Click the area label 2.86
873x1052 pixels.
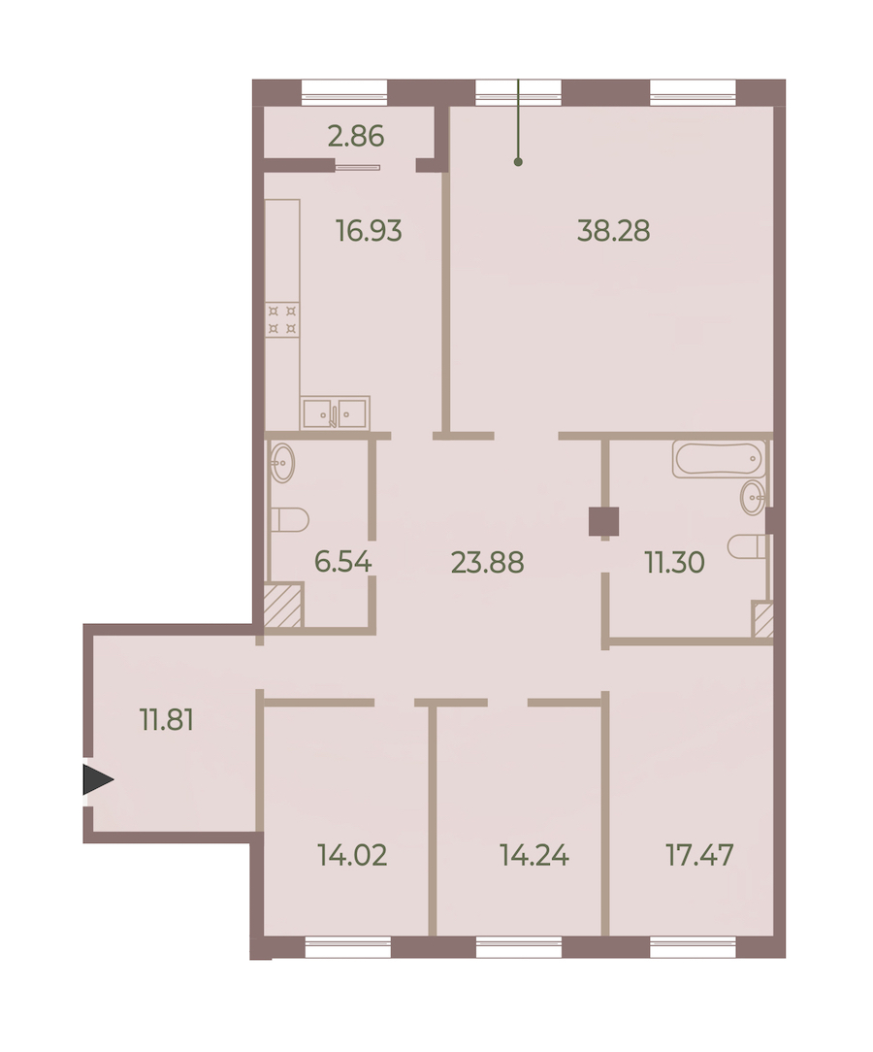[355, 136]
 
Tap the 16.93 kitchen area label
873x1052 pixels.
[369, 231]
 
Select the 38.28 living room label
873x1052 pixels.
[613, 231]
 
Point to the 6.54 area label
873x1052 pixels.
[342, 562]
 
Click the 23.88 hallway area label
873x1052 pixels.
[488, 562]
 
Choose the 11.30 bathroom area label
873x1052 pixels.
[674, 562]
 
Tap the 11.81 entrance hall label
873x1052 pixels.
[167, 720]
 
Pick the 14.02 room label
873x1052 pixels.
[352, 855]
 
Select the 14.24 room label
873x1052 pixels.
[534, 855]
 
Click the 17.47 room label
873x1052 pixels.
[699, 855]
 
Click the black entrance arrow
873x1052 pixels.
[97, 779]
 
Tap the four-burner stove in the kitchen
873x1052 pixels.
[282, 319]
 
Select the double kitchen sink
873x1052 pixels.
[335, 412]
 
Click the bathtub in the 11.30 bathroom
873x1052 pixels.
[719, 459]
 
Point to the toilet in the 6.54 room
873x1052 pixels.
[290, 520]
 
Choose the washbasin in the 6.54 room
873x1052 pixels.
[282, 462]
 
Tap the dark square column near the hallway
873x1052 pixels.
[603, 522]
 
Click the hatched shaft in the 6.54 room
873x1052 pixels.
[283, 606]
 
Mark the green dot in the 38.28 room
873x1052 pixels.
[518, 162]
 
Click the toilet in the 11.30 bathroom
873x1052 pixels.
[746, 546]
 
